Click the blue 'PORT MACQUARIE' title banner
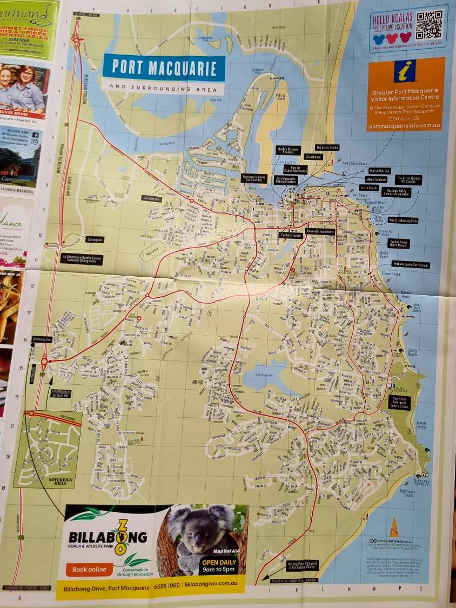click(164, 68)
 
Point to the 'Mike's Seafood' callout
click(377, 179)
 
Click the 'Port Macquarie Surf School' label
click(411, 265)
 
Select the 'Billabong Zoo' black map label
click(41, 339)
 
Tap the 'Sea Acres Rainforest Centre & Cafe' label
click(400, 402)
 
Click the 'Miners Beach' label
click(421, 425)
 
